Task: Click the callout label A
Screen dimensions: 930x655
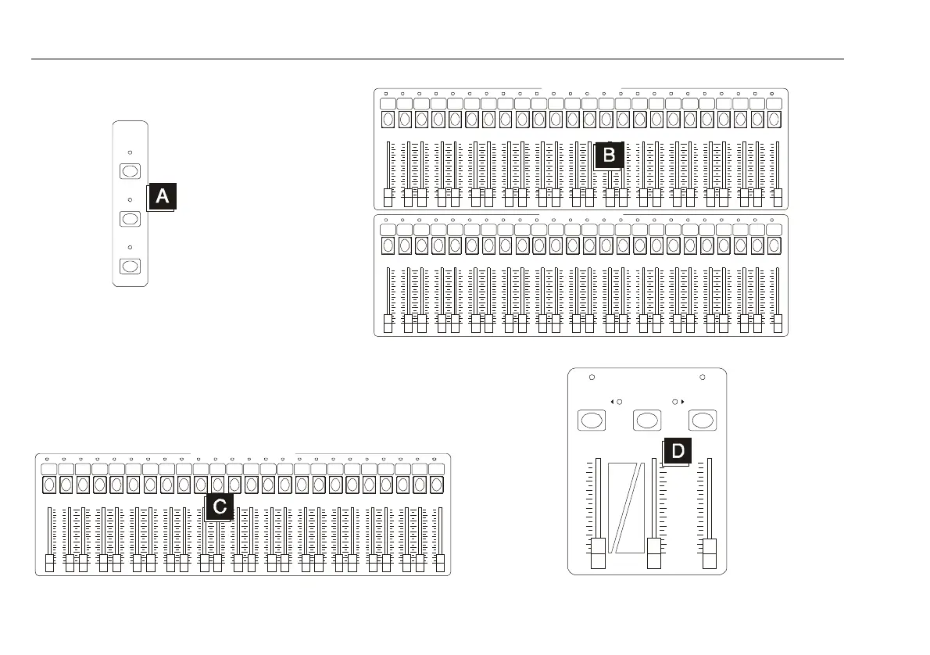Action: point(163,196)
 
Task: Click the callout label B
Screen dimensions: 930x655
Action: point(609,155)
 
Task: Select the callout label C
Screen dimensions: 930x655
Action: point(220,507)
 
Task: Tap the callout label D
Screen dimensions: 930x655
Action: point(678,451)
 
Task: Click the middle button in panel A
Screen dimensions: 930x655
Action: point(131,219)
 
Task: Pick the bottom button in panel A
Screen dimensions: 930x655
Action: point(131,267)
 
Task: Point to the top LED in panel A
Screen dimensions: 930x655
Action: point(131,153)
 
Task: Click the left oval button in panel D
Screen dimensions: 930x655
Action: point(592,421)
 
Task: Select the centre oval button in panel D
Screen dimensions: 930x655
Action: point(647,421)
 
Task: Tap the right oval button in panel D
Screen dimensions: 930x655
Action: point(703,421)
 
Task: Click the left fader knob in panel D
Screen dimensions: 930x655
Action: point(598,553)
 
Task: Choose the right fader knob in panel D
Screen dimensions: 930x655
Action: point(710,553)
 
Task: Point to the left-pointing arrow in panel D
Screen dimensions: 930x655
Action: point(610,403)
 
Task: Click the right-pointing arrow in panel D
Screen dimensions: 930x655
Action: point(683,403)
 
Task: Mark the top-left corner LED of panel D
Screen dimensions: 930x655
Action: point(592,378)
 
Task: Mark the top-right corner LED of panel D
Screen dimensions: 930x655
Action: point(703,378)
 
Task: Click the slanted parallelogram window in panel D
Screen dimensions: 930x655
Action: point(626,506)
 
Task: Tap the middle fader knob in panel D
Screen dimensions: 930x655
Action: point(654,553)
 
